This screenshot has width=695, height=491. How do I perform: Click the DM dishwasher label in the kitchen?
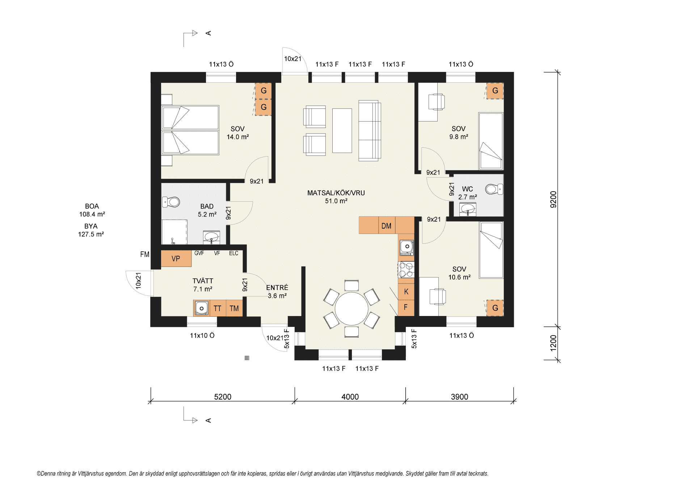[386, 226]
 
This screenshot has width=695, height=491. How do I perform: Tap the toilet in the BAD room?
[171, 202]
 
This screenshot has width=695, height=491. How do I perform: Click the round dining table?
[351, 309]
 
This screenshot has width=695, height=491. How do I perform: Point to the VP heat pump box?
[176, 259]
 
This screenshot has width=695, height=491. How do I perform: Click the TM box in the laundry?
[234, 308]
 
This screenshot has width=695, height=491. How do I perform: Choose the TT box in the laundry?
[218, 308]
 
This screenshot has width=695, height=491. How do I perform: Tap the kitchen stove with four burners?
[406, 269]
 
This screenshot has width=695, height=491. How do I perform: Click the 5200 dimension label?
[223, 397]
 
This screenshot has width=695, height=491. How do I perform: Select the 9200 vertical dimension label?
[553, 199]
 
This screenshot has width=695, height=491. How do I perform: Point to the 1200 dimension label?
[553, 343]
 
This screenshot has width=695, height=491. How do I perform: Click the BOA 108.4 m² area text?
[92, 210]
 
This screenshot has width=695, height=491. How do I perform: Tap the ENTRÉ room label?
[277, 287]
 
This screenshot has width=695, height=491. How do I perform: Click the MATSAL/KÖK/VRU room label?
[336, 193]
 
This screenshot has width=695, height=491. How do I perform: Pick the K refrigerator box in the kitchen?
[406, 292]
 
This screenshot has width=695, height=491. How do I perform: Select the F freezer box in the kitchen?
[406, 308]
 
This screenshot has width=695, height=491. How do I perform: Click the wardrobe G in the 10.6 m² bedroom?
[495, 308]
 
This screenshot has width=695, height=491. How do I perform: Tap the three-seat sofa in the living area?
[370, 131]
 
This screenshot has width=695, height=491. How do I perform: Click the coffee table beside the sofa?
[342, 131]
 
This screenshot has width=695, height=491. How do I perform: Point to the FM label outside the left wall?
[145, 254]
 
